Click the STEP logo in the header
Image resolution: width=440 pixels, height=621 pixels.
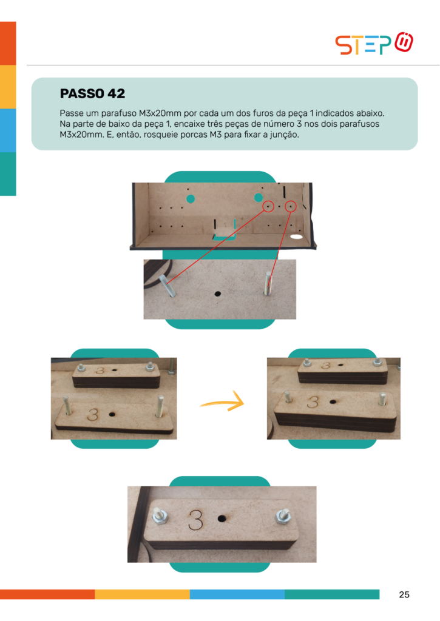[374, 43]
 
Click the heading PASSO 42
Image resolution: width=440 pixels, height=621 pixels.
[92, 93]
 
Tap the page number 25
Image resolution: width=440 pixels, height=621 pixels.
[404, 594]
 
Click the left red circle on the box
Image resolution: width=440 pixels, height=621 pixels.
[268, 206]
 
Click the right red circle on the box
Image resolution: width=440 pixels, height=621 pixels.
[291, 206]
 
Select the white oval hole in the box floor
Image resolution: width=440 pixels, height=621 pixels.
[297, 237]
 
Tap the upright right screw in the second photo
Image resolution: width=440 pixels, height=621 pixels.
[268, 283]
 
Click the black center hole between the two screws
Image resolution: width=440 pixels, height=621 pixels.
[217, 294]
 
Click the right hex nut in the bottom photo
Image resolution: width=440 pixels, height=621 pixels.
[283, 515]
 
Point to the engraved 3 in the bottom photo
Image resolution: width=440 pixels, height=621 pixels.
[195, 520]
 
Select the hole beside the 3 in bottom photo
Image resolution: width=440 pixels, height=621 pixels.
[222, 518]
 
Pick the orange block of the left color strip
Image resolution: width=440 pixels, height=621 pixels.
[8, 43]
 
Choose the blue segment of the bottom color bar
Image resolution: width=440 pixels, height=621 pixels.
[237, 594]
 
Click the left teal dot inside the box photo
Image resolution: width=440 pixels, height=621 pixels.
[191, 199]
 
